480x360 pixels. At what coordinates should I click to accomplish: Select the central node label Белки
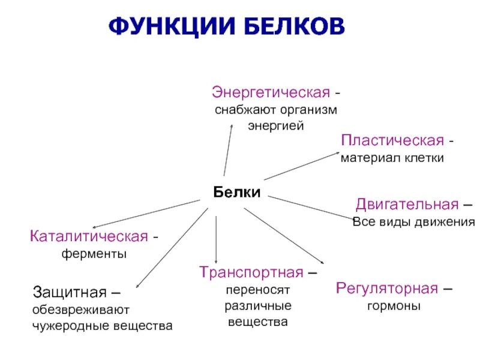[237, 192]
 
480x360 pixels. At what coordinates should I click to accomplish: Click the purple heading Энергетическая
[271, 94]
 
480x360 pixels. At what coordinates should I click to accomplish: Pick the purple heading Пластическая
[392, 141]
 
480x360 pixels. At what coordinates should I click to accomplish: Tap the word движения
[444, 221]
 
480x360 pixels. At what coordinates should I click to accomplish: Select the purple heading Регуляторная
[386, 288]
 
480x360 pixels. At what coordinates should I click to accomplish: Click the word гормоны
[394, 305]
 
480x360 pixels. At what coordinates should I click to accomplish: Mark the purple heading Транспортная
[251, 272]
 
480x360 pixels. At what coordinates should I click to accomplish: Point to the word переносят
[258, 289]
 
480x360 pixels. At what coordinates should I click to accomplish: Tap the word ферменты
[94, 254]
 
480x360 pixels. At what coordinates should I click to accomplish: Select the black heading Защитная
[69, 293]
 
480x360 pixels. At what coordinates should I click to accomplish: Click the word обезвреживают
[80, 310]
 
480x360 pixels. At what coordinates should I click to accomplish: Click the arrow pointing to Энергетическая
[228, 150]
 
